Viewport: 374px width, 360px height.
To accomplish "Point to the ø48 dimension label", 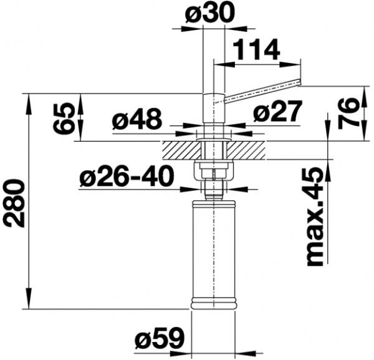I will pyautogui.click(x=137, y=118).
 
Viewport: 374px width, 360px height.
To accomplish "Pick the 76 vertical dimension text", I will pyautogui.click(x=355, y=112).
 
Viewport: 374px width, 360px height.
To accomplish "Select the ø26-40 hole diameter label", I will pyautogui.click(x=127, y=178).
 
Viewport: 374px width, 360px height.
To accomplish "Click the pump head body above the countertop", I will pyautogui.click(x=213, y=111).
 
